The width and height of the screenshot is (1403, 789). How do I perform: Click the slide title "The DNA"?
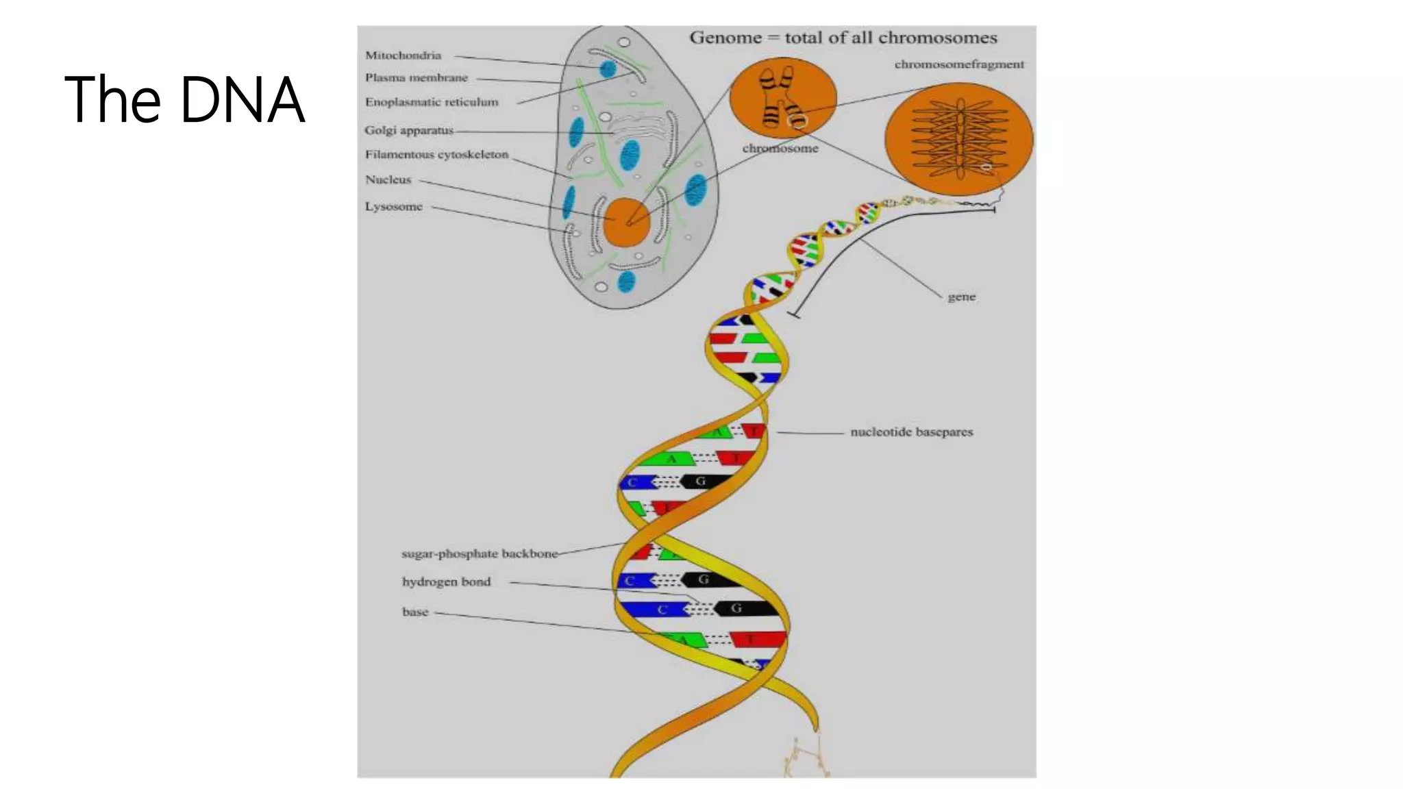(x=184, y=100)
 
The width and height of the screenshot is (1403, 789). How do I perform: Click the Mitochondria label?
(x=403, y=55)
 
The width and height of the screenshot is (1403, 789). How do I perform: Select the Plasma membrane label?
(x=417, y=78)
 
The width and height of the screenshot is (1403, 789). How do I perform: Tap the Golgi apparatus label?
(x=409, y=130)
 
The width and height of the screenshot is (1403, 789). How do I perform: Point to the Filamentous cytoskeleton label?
(x=436, y=155)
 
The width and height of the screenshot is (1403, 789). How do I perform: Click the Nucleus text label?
(x=388, y=179)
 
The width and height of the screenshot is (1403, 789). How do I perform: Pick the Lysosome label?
(x=393, y=207)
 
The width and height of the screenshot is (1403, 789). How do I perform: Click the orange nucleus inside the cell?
(x=626, y=222)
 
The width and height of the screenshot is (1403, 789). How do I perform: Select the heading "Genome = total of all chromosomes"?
(x=843, y=38)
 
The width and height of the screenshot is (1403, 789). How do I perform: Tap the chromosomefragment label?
(x=958, y=64)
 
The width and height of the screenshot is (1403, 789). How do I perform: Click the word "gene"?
(x=961, y=297)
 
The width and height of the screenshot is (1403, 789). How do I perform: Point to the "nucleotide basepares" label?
(x=911, y=432)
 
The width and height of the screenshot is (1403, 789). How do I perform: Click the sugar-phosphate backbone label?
(x=480, y=553)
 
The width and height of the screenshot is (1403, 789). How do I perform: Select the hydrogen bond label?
(x=446, y=581)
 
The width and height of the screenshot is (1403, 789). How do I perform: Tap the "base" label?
(x=414, y=612)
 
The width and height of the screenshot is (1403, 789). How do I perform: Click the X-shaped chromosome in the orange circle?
(x=781, y=97)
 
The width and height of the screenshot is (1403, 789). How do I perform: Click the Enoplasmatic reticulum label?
(x=432, y=102)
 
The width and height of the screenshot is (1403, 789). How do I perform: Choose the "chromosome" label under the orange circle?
(x=780, y=149)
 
